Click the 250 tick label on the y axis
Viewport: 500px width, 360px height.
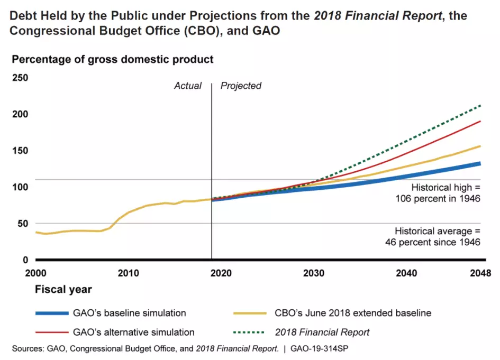pos(20,78)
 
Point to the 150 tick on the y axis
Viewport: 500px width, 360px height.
pos(20,151)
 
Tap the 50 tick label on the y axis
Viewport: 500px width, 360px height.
pos(22,224)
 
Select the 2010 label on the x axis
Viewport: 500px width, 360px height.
pos(128,273)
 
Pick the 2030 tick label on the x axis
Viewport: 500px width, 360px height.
pos(314,273)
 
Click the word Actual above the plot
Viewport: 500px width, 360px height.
pos(188,86)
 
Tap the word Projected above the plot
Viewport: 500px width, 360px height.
pos(241,86)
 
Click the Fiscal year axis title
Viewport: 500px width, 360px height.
pos(63,289)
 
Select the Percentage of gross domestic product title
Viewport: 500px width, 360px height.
pos(113,59)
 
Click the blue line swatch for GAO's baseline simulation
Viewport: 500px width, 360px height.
pos(52,313)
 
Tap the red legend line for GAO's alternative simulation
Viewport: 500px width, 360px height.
pos(52,333)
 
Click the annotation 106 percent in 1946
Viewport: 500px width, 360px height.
pos(438,199)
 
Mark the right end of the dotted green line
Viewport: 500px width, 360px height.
pos(480,106)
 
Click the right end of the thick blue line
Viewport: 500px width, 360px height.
pos(480,163)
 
